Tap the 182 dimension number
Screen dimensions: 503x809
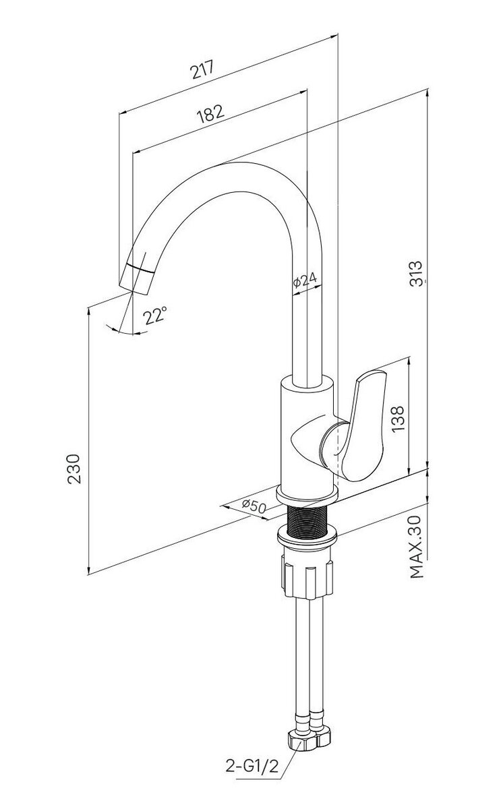click(210, 114)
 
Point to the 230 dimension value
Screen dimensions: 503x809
click(75, 469)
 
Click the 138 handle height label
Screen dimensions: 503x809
click(398, 419)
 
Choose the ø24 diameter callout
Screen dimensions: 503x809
click(305, 280)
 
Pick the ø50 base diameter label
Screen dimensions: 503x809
click(254, 506)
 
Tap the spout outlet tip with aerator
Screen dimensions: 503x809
click(139, 279)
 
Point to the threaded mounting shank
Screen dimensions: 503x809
click(307, 519)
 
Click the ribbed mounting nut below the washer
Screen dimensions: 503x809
click(307, 578)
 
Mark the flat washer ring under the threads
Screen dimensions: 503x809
click(307, 539)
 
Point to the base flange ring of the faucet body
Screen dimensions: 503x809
click(307, 496)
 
